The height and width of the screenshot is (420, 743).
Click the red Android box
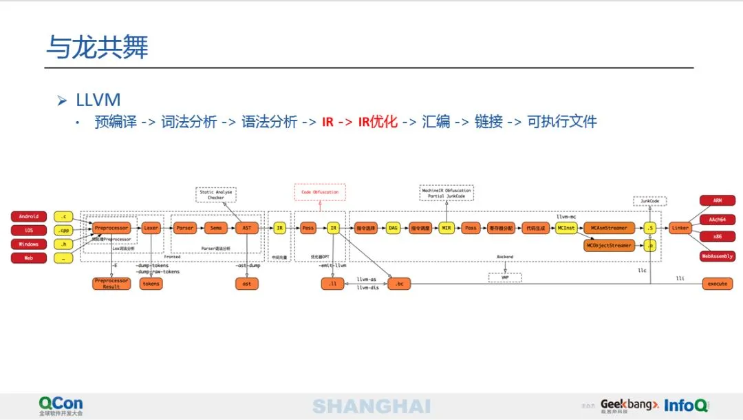(29, 216)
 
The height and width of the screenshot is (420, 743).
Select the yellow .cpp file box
(64, 230)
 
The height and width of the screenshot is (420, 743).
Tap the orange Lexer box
(151, 227)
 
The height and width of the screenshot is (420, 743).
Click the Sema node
(216, 227)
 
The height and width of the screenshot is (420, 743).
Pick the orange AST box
(247, 227)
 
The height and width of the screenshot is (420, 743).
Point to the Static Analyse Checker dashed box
(216, 194)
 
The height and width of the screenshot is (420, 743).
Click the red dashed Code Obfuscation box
(320, 192)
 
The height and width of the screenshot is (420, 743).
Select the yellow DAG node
(393, 227)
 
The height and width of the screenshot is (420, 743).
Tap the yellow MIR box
(445, 227)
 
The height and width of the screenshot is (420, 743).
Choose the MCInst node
(566, 227)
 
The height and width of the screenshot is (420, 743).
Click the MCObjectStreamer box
(609, 245)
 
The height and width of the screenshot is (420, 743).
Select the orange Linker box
(680, 227)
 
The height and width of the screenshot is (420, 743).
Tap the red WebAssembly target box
(717, 256)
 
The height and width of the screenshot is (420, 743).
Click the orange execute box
(717, 283)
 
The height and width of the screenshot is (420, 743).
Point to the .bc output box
(399, 283)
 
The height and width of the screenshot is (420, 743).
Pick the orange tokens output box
(151, 283)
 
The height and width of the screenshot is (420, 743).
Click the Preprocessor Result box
(111, 283)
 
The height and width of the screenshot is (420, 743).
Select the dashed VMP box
(505, 277)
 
